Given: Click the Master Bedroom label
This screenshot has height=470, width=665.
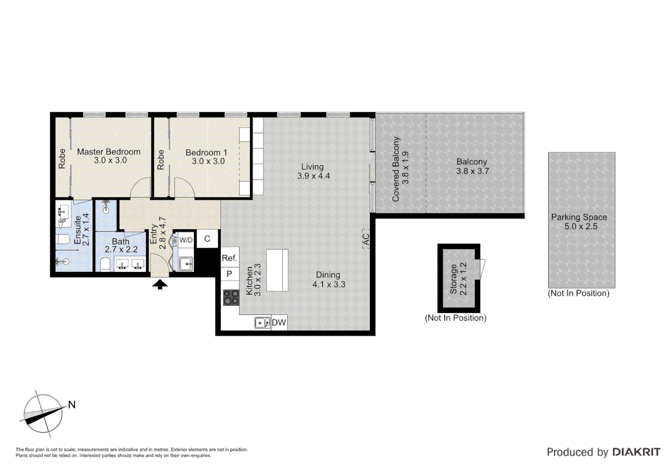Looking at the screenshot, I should pyautogui.click(x=108, y=152).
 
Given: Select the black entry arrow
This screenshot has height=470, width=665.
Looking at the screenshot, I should pyautogui.click(x=160, y=285).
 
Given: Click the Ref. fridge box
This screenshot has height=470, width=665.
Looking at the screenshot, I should pyautogui.click(x=229, y=258).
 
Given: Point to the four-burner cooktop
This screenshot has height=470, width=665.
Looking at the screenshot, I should pyautogui.click(x=231, y=298).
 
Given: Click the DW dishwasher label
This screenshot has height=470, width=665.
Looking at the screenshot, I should pyautogui.click(x=279, y=323).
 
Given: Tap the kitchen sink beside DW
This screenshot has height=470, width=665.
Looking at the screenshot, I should pyautogui.click(x=262, y=323).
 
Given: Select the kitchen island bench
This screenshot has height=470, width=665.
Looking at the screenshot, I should pyautogui.click(x=277, y=270).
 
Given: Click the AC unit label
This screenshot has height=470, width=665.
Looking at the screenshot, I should pyautogui.click(x=366, y=239).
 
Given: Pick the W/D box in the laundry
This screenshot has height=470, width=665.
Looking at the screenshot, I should pyautogui.click(x=186, y=240).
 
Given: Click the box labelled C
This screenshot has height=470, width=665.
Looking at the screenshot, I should pyautogui.click(x=207, y=239).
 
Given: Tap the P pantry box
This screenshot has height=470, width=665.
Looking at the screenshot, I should pyautogui.click(x=229, y=274).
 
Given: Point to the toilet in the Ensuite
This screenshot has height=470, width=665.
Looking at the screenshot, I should pyautogui.click(x=63, y=239).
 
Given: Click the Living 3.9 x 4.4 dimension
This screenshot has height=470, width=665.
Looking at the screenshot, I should pyautogui.click(x=313, y=176).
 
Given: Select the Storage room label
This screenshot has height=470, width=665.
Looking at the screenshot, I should pyautogui.click(x=453, y=279).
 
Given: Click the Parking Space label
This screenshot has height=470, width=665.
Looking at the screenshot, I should pyautogui.click(x=579, y=217).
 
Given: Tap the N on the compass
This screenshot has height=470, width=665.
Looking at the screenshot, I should pyautogui.click(x=72, y=405).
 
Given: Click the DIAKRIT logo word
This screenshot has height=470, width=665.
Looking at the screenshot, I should pyautogui.click(x=636, y=452).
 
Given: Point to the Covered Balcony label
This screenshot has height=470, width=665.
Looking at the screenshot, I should pyautogui.click(x=396, y=169).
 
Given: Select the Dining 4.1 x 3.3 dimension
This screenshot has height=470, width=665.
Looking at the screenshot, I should pyautogui.click(x=329, y=285).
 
